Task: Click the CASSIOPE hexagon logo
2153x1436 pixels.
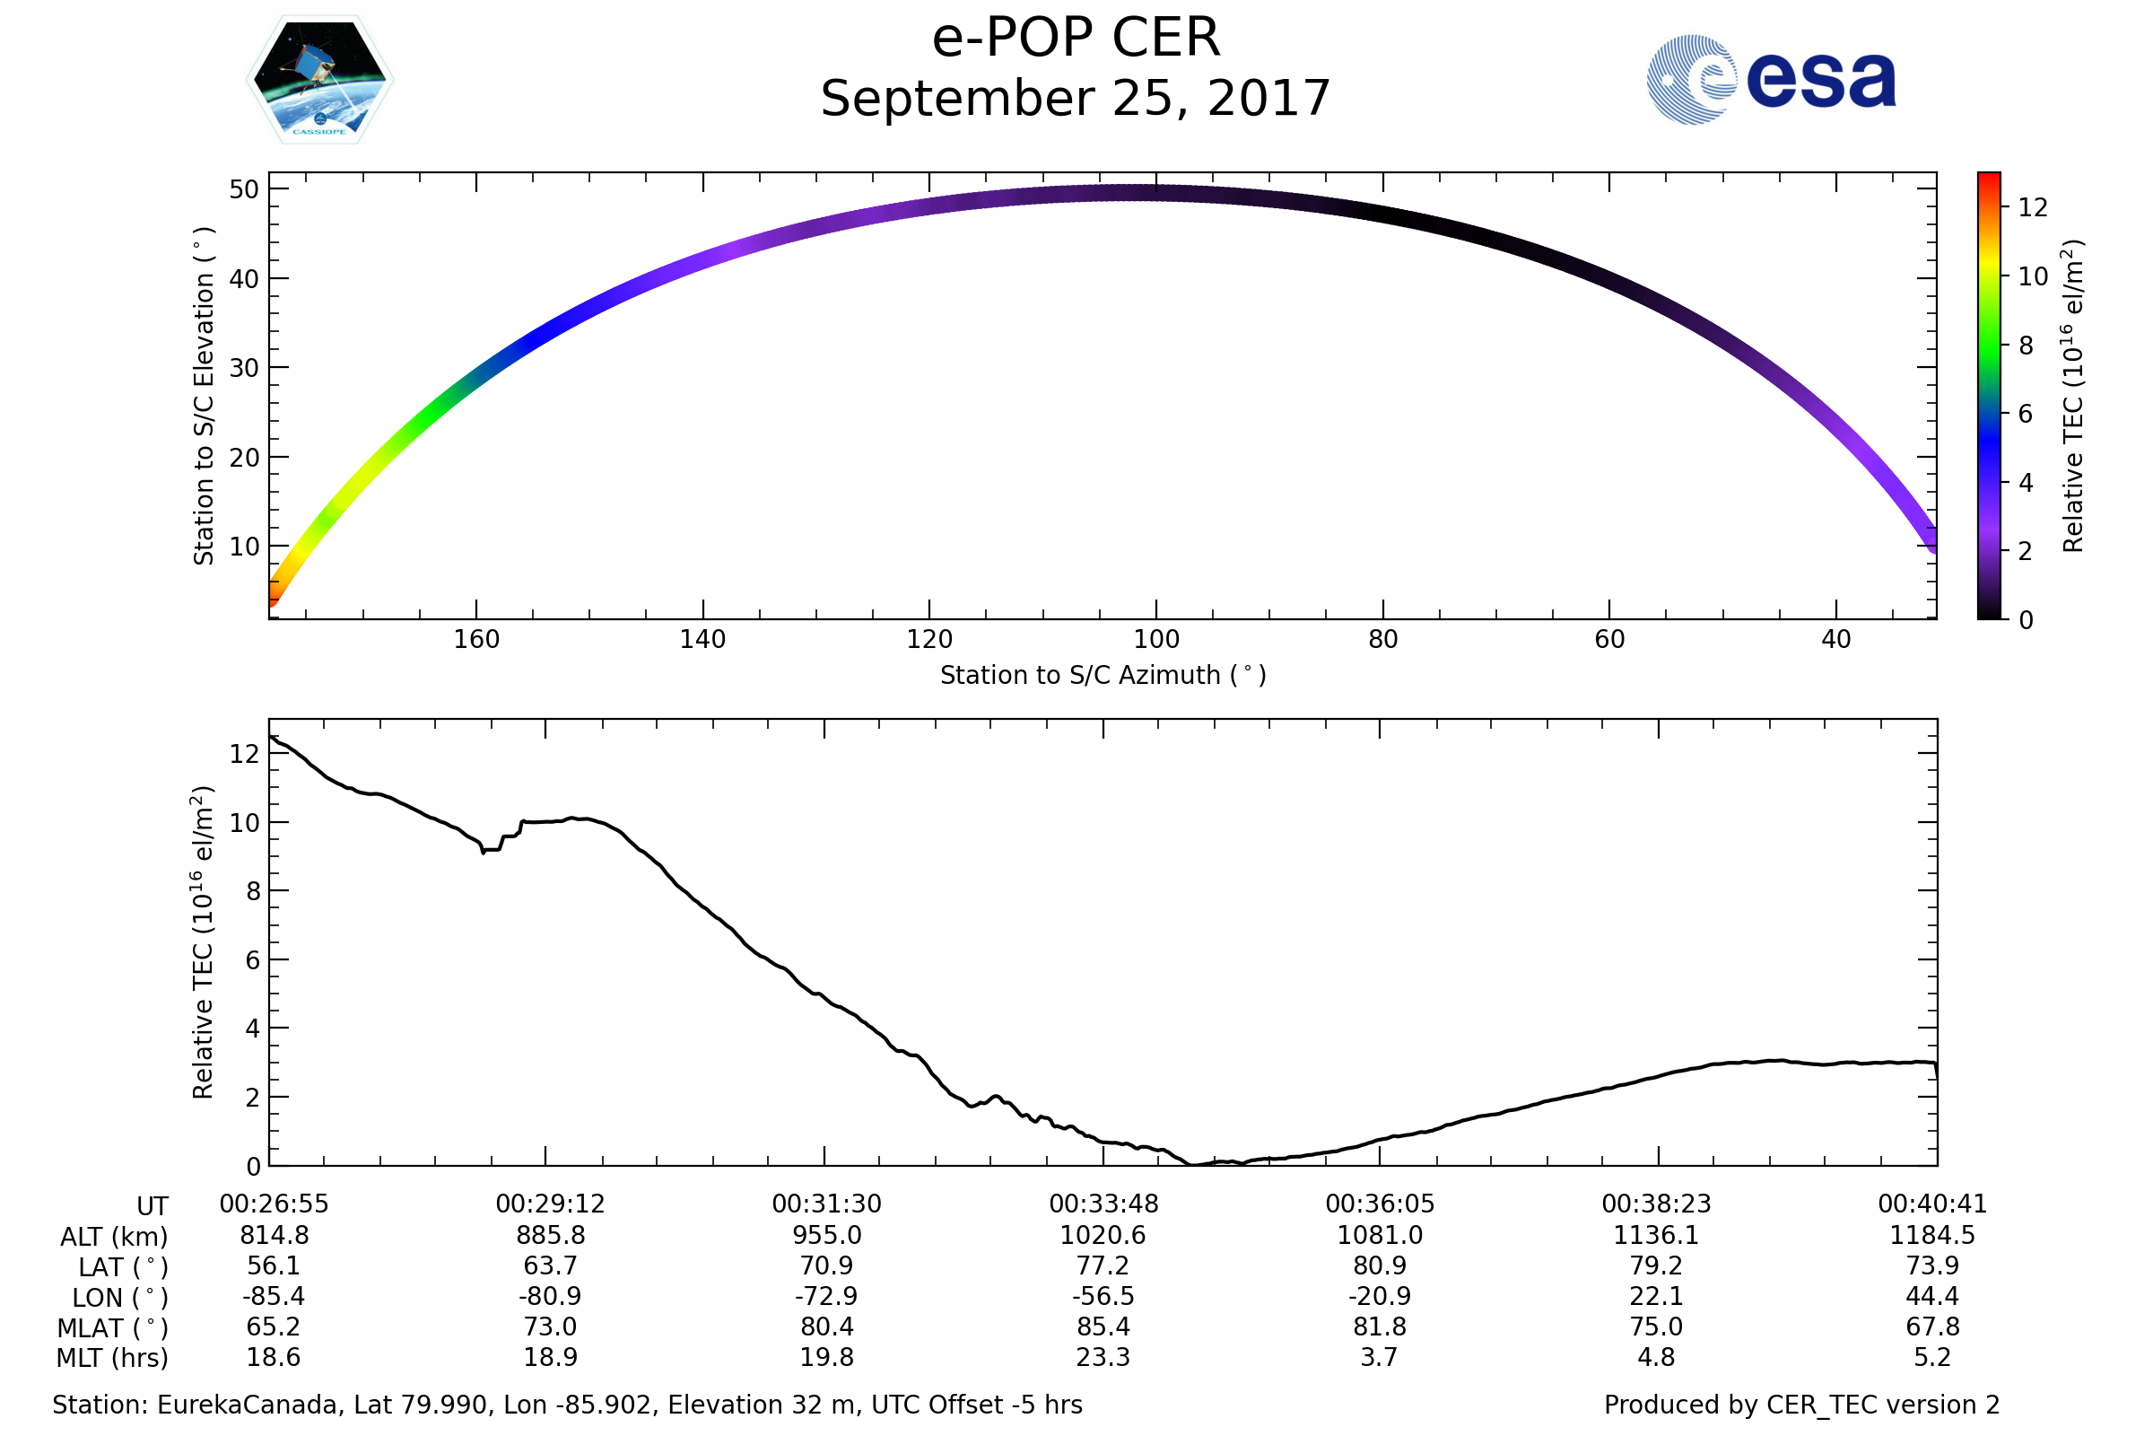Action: pyautogui.click(x=319, y=80)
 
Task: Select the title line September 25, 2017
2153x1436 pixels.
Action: pyautogui.click(x=1076, y=99)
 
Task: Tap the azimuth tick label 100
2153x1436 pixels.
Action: pyautogui.click(x=1156, y=639)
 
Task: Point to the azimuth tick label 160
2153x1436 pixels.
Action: pyautogui.click(x=476, y=639)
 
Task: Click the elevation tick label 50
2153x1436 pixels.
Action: pyautogui.click(x=244, y=189)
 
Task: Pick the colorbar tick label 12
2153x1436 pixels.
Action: pyautogui.click(x=2033, y=208)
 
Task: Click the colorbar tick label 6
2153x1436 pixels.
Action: pyautogui.click(x=2026, y=414)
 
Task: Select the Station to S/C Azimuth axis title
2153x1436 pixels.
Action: pyautogui.click(x=1103, y=675)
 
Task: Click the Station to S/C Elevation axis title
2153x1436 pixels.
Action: pyautogui.click(x=204, y=396)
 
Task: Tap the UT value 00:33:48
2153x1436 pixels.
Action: pyautogui.click(x=1103, y=1204)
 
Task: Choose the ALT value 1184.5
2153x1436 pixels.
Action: pyautogui.click(x=1932, y=1236)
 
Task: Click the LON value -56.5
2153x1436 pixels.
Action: pyautogui.click(x=1103, y=1296)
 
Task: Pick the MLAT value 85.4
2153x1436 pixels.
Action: pyautogui.click(x=1103, y=1327)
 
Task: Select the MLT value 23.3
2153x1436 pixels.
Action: pyautogui.click(x=1103, y=1356)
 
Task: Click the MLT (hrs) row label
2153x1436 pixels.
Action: pyautogui.click(x=113, y=1358)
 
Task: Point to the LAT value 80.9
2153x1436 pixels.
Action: pyautogui.click(x=1380, y=1265)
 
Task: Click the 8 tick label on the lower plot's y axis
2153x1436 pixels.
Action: pyautogui.click(x=254, y=891)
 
